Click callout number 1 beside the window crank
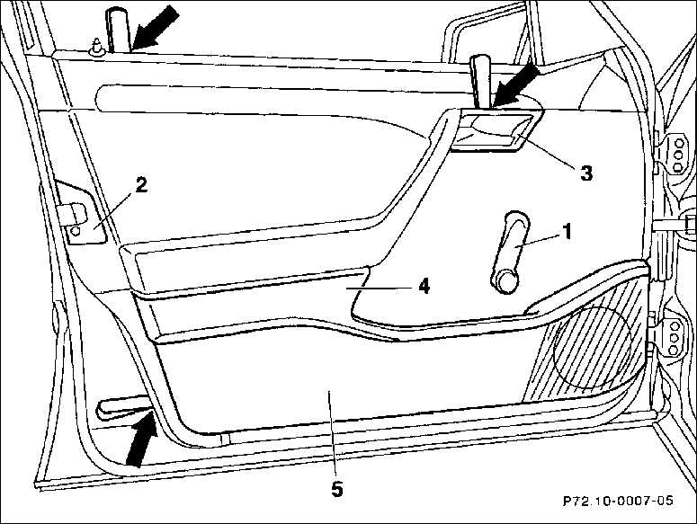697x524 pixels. click(567, 232)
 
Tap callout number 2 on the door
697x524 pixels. click(141, 185)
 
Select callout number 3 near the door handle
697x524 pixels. click(586, 173)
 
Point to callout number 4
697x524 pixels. click(424, 287)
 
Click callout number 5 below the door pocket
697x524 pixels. click(337, 489)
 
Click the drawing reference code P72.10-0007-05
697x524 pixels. click(618, 501)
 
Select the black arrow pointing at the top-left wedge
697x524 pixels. click(155, 27)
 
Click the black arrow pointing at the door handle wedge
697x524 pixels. click(515, 86)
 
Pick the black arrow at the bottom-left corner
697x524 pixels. click(141, 439)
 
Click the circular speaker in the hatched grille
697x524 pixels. click(593, 345)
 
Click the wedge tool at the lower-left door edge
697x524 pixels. click(122, 407)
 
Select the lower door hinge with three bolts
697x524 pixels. click(669, 337)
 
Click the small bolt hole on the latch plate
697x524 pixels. click(76, 230)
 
